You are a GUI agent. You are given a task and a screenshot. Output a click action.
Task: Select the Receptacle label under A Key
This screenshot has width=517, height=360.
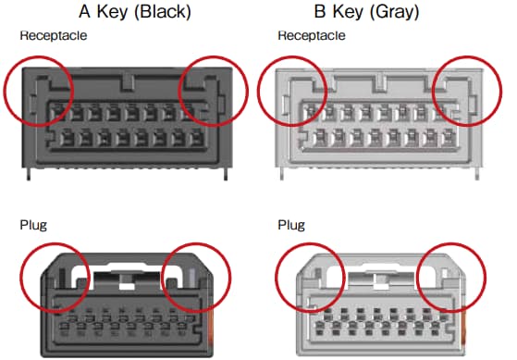coord(53,36)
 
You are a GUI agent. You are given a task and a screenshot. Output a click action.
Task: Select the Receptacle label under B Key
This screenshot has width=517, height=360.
coord(312,36)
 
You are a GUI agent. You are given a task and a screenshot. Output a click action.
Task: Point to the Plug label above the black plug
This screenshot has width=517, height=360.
coord(33,224)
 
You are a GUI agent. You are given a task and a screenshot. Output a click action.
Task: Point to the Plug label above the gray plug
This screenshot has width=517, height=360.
coord(291,224)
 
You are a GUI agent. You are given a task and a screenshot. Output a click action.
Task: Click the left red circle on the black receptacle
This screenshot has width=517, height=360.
coord(39,90)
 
